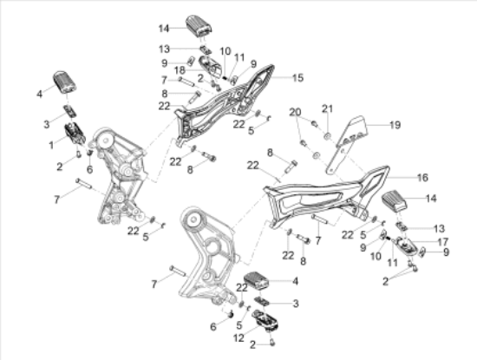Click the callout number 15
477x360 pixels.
click(297, 77)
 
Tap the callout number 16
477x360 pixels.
click(422, 178)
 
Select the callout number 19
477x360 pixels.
click(395, 125)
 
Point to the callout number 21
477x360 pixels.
click(328, 108)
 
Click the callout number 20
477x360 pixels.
click(295, 112)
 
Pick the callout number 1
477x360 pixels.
click(51, 146)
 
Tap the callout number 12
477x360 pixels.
click(238, 337)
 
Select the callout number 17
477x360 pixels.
click(442, 242)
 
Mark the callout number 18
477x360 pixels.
click(180, 70)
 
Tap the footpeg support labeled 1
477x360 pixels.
click(75, 134)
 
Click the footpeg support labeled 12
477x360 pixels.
click(264, 320)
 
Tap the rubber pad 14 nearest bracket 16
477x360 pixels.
click(395, 201)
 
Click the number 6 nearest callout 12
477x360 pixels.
click(213, 327)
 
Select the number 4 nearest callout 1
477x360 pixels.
click(40, 94)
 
